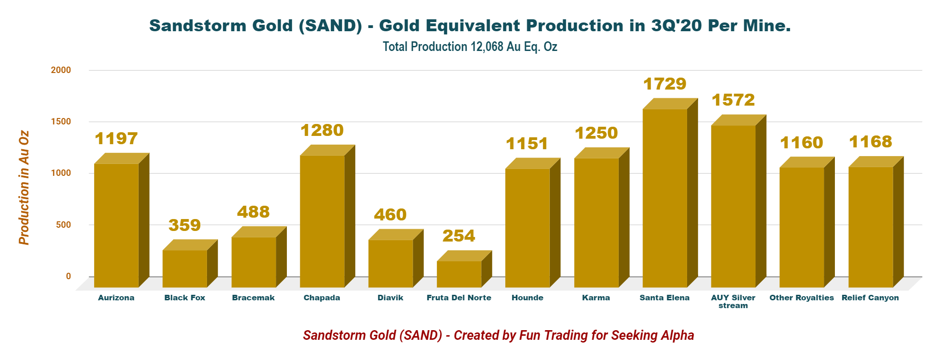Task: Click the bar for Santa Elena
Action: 665,197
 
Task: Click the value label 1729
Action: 665,84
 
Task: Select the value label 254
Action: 459,236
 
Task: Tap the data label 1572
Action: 733,100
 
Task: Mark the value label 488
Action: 253,212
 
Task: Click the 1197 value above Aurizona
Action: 116,139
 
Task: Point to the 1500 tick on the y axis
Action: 61,122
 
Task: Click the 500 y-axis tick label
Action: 64,225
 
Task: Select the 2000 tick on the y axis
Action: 61,70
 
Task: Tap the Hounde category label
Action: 527,298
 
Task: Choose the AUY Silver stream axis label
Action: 733,301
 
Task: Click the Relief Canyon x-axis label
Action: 870,298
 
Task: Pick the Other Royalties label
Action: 802,298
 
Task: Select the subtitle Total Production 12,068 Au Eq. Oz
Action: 470,47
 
